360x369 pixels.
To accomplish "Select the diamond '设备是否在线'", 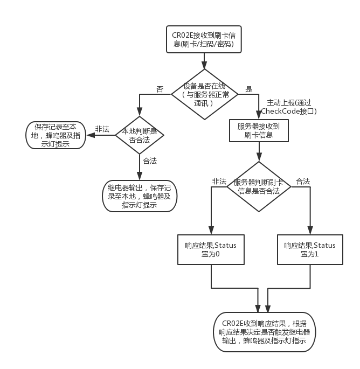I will click(x=204, y=94).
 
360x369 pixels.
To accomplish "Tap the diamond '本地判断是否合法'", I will click(x=139, y=135).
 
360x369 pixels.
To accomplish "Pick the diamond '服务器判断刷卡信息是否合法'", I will click(x=259, y=187).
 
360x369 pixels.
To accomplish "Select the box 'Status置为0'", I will click(x=211, y=249).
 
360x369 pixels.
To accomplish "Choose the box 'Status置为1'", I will click(x=310, y=249).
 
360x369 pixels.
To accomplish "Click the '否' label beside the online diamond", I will click(x=160, y=89).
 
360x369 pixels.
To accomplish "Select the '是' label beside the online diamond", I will click(x=249, y=89).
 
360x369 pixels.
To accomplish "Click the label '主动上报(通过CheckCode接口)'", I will click(x=288, y=107).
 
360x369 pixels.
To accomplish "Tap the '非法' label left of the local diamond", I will click(x=102, y=129).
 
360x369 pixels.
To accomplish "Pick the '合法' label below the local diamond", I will click(x=150, y=161).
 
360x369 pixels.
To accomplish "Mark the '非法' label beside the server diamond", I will click(x=219, y=182).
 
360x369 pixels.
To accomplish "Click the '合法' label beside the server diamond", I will click(x=303, y=182).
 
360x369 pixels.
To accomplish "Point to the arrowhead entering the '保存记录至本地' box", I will click(x=89, y=135).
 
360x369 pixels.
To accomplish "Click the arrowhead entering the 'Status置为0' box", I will click(x=211, y=231).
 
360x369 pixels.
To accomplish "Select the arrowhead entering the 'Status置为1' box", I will click(x=310, y=231).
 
